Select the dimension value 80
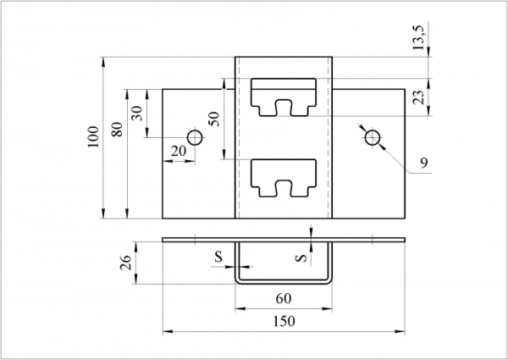117,130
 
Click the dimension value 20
178,150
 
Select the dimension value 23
419,97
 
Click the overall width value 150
284,321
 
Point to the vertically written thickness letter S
301,256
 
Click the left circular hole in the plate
195,137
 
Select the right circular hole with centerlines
371,137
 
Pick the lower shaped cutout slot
284,176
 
